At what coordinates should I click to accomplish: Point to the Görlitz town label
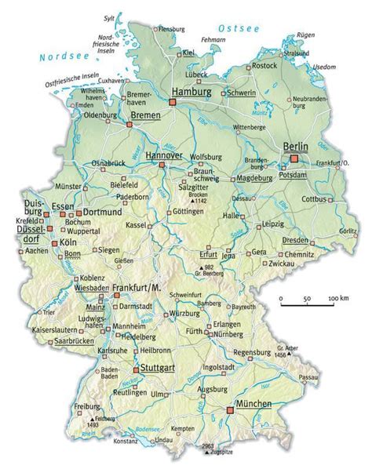click(x=348, y=233)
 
